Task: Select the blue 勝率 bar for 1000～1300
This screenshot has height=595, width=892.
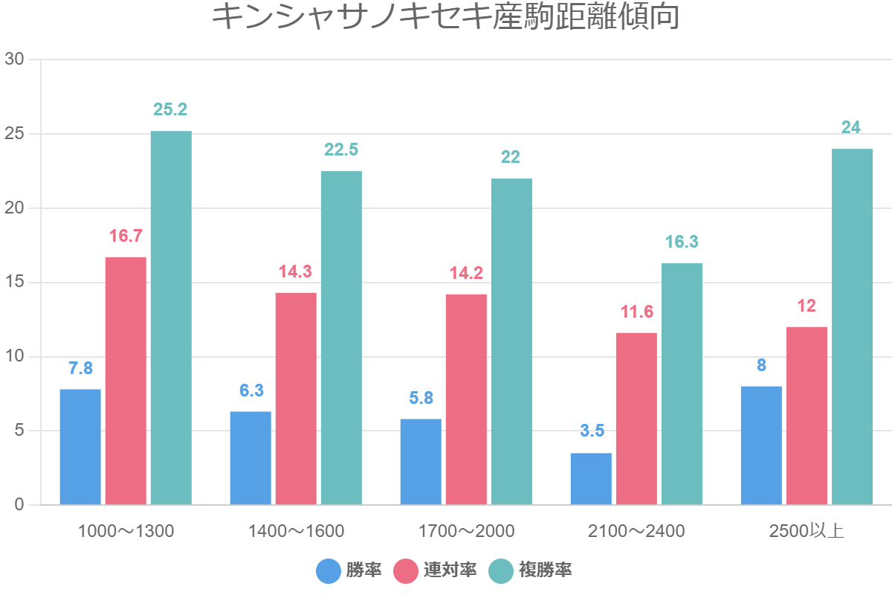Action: [x=80, y=447]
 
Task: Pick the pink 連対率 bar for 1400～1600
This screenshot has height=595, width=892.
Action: [x=296, y=399]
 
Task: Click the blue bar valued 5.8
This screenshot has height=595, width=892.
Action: [x=421, y=462]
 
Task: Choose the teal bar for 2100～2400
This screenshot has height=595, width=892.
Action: [x=682, y=384]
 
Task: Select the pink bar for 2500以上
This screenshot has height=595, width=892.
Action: [x=807, y=416]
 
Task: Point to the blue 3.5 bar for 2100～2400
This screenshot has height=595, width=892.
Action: [x=591, y=479]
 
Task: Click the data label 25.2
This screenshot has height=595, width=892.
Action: [x=170, y=109]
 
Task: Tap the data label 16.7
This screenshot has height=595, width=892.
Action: [x=126, y=237]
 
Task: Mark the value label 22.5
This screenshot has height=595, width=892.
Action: [x=341, y=149]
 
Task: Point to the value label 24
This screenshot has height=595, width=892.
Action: [x=851, y=127]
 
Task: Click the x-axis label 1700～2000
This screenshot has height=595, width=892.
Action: [x=466, y=531]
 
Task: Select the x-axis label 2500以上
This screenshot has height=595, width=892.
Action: [x=807, y=531]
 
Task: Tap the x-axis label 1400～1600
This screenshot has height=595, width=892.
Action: [x=296, y=531]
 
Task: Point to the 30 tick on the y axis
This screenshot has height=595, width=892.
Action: [x=15, y=59]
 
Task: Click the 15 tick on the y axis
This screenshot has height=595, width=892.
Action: [x=15, y=283]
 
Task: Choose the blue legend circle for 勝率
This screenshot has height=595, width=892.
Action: [x=328, y=571]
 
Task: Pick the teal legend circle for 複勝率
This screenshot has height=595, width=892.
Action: [x=501, y=571]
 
